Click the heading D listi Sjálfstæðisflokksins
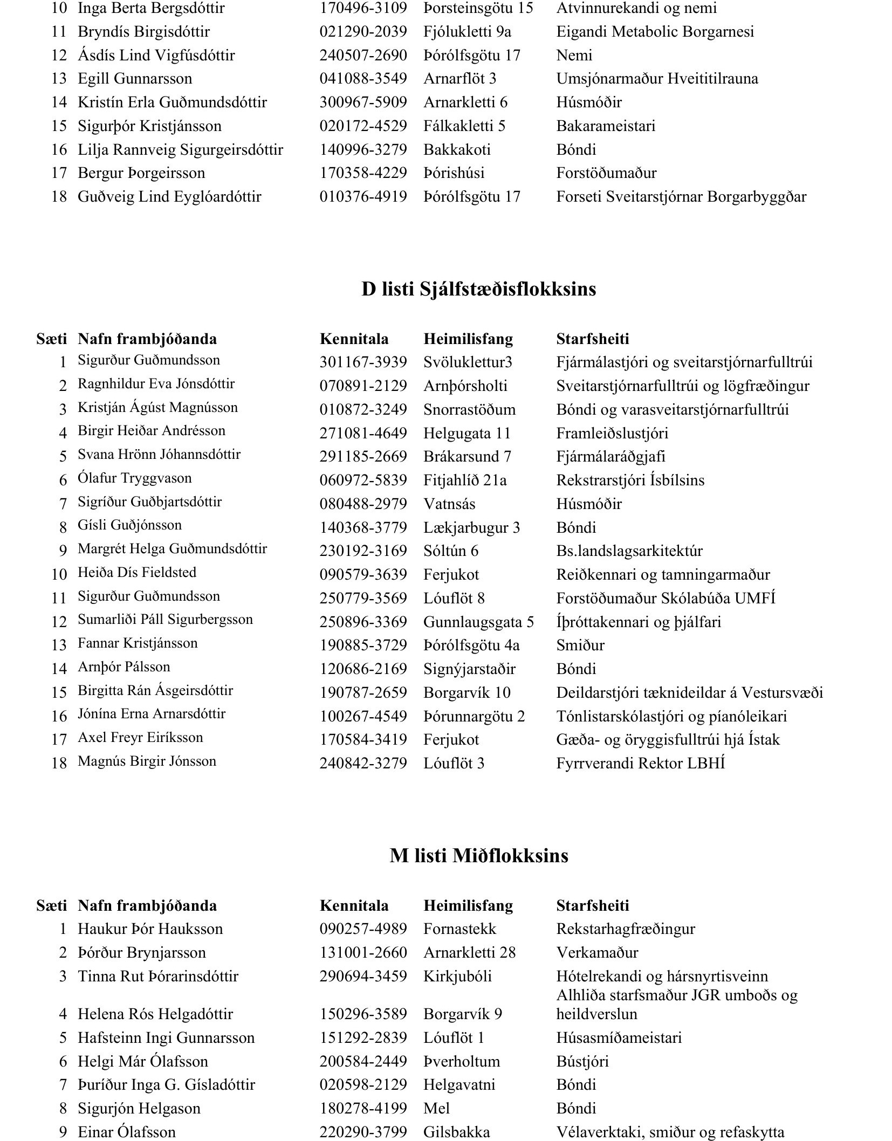478,290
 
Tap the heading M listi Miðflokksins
478,856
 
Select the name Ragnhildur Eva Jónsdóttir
156,384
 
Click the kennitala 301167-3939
363,362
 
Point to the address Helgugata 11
466,433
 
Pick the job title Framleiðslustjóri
612,433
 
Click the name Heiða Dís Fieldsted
137,573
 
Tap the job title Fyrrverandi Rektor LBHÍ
640,763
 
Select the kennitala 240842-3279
363,763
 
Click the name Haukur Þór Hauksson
150,929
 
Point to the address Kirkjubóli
457,976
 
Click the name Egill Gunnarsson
135,79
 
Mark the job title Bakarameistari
606,126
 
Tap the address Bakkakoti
457,149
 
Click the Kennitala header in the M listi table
354,905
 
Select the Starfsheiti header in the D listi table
593,339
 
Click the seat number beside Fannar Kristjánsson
59,645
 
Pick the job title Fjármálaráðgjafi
610,457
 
